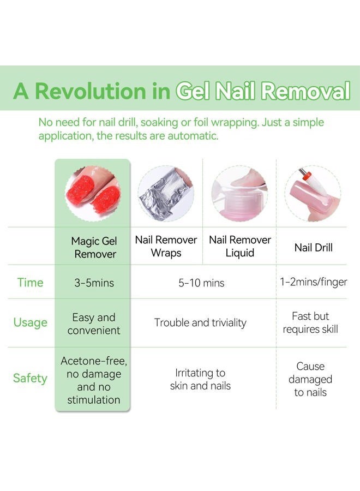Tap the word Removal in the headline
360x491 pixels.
point(305,91)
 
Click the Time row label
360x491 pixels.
point(30,283)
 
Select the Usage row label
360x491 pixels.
point(30,322)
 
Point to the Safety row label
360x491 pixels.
point(30,378)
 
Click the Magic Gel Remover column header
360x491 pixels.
point(94,247)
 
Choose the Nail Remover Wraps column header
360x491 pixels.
point(166,247)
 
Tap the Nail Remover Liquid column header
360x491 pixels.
point(240,247)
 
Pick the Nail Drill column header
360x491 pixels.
point(313,247)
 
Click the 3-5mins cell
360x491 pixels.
point(94,283)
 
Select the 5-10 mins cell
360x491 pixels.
point(202,283)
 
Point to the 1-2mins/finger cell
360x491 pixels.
point(313,283)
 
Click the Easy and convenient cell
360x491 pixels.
point(94,324)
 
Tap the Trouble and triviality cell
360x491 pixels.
point(200,322)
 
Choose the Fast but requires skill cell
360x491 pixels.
point(310,322)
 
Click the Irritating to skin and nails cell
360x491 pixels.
point(200,379)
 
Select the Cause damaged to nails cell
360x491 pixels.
point(310,379)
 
